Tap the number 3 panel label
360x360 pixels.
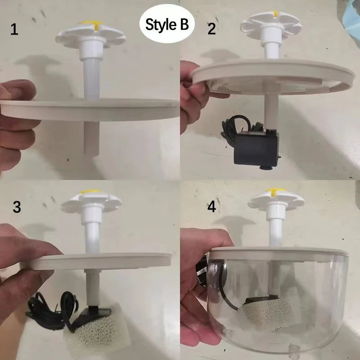17,207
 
